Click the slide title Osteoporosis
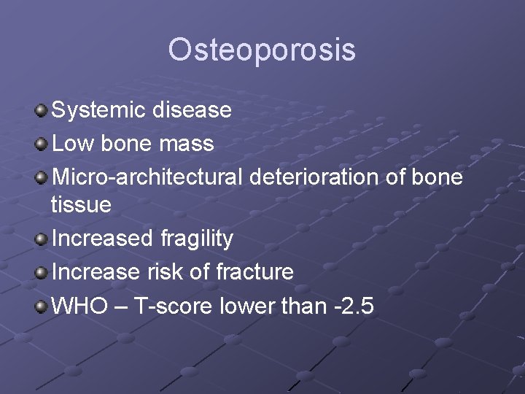point(262,50)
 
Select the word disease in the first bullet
point(192,110)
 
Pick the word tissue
point(81,205)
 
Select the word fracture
point(255,272)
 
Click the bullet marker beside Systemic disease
point(42,111)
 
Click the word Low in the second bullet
point(69,144)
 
